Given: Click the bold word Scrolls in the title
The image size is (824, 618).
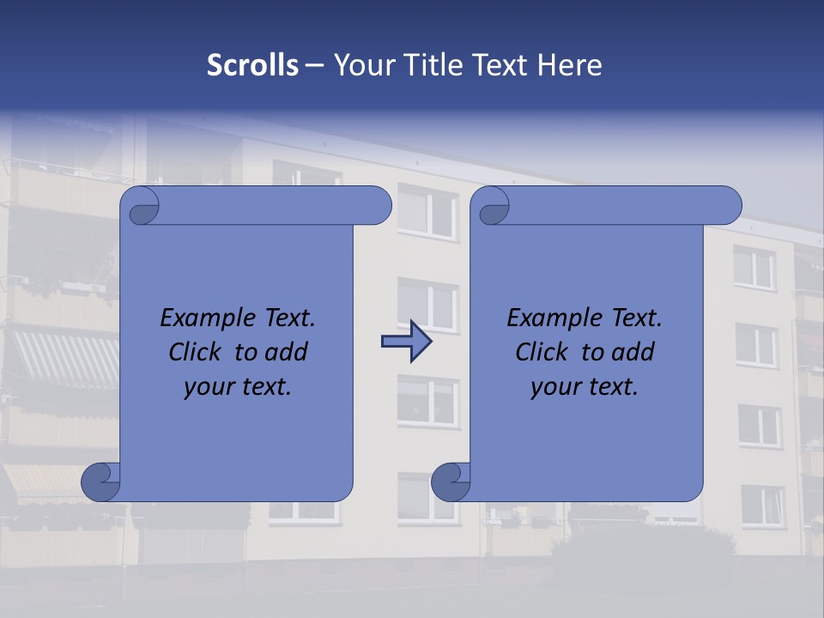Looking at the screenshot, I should (252, 64).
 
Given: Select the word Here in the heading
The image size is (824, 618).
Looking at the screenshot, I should (570, 64).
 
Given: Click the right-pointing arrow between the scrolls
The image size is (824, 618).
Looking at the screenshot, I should (406, 342).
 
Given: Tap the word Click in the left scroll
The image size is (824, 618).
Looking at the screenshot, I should (197, 352).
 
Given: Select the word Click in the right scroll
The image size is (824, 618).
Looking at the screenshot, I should (543, 352).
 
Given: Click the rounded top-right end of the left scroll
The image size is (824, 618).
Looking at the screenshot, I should (378, 206).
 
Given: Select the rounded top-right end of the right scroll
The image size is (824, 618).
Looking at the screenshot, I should (728, 206).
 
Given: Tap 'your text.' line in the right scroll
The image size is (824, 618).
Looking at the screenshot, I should (585, 386).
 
